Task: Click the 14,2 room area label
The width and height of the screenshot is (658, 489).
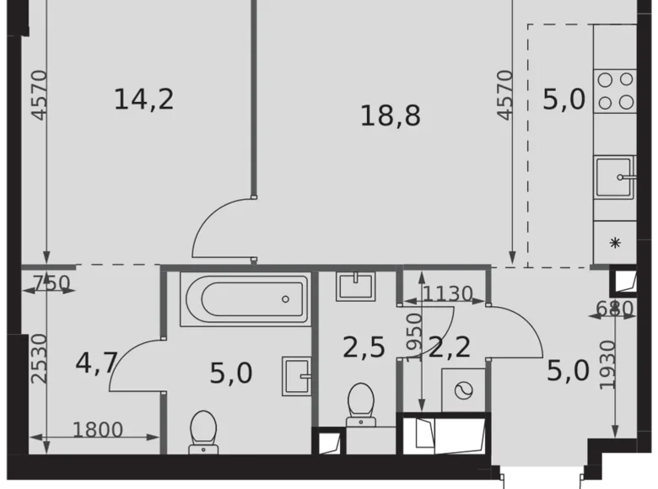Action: tap(143, 99)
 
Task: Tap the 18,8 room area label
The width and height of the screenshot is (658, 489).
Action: tap(390, 116)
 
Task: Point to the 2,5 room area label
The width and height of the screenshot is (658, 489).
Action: tap(364, 347)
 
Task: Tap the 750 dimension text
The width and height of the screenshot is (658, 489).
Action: tap(52, 284)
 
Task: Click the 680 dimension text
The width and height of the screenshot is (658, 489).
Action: tap(615, 309)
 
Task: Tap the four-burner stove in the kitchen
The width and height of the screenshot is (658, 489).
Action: tap(615, 91)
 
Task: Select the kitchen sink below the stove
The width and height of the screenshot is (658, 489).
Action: tap(615, 177)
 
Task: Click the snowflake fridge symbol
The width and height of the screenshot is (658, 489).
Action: tap(615, 243)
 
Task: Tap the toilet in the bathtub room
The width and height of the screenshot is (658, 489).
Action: tap(203, 431)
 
